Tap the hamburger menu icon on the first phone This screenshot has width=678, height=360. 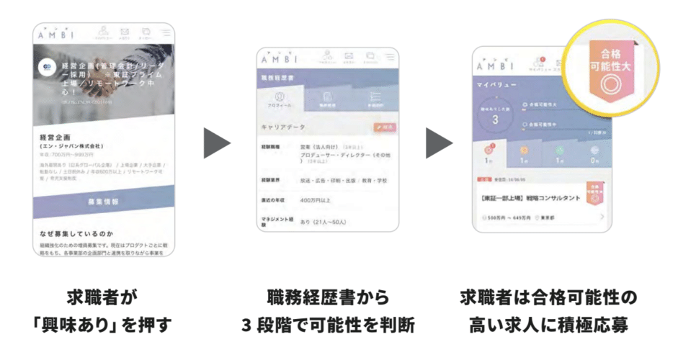click(166, 33)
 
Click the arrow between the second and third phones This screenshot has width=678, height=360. click(439, 144)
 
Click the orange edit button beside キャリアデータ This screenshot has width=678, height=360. click(385, 127)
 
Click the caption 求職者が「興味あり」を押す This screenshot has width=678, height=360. click(104, 311)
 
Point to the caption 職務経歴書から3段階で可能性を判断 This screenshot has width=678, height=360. click(328, 311)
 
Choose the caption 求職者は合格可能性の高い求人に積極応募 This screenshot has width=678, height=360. click(548, 311)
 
